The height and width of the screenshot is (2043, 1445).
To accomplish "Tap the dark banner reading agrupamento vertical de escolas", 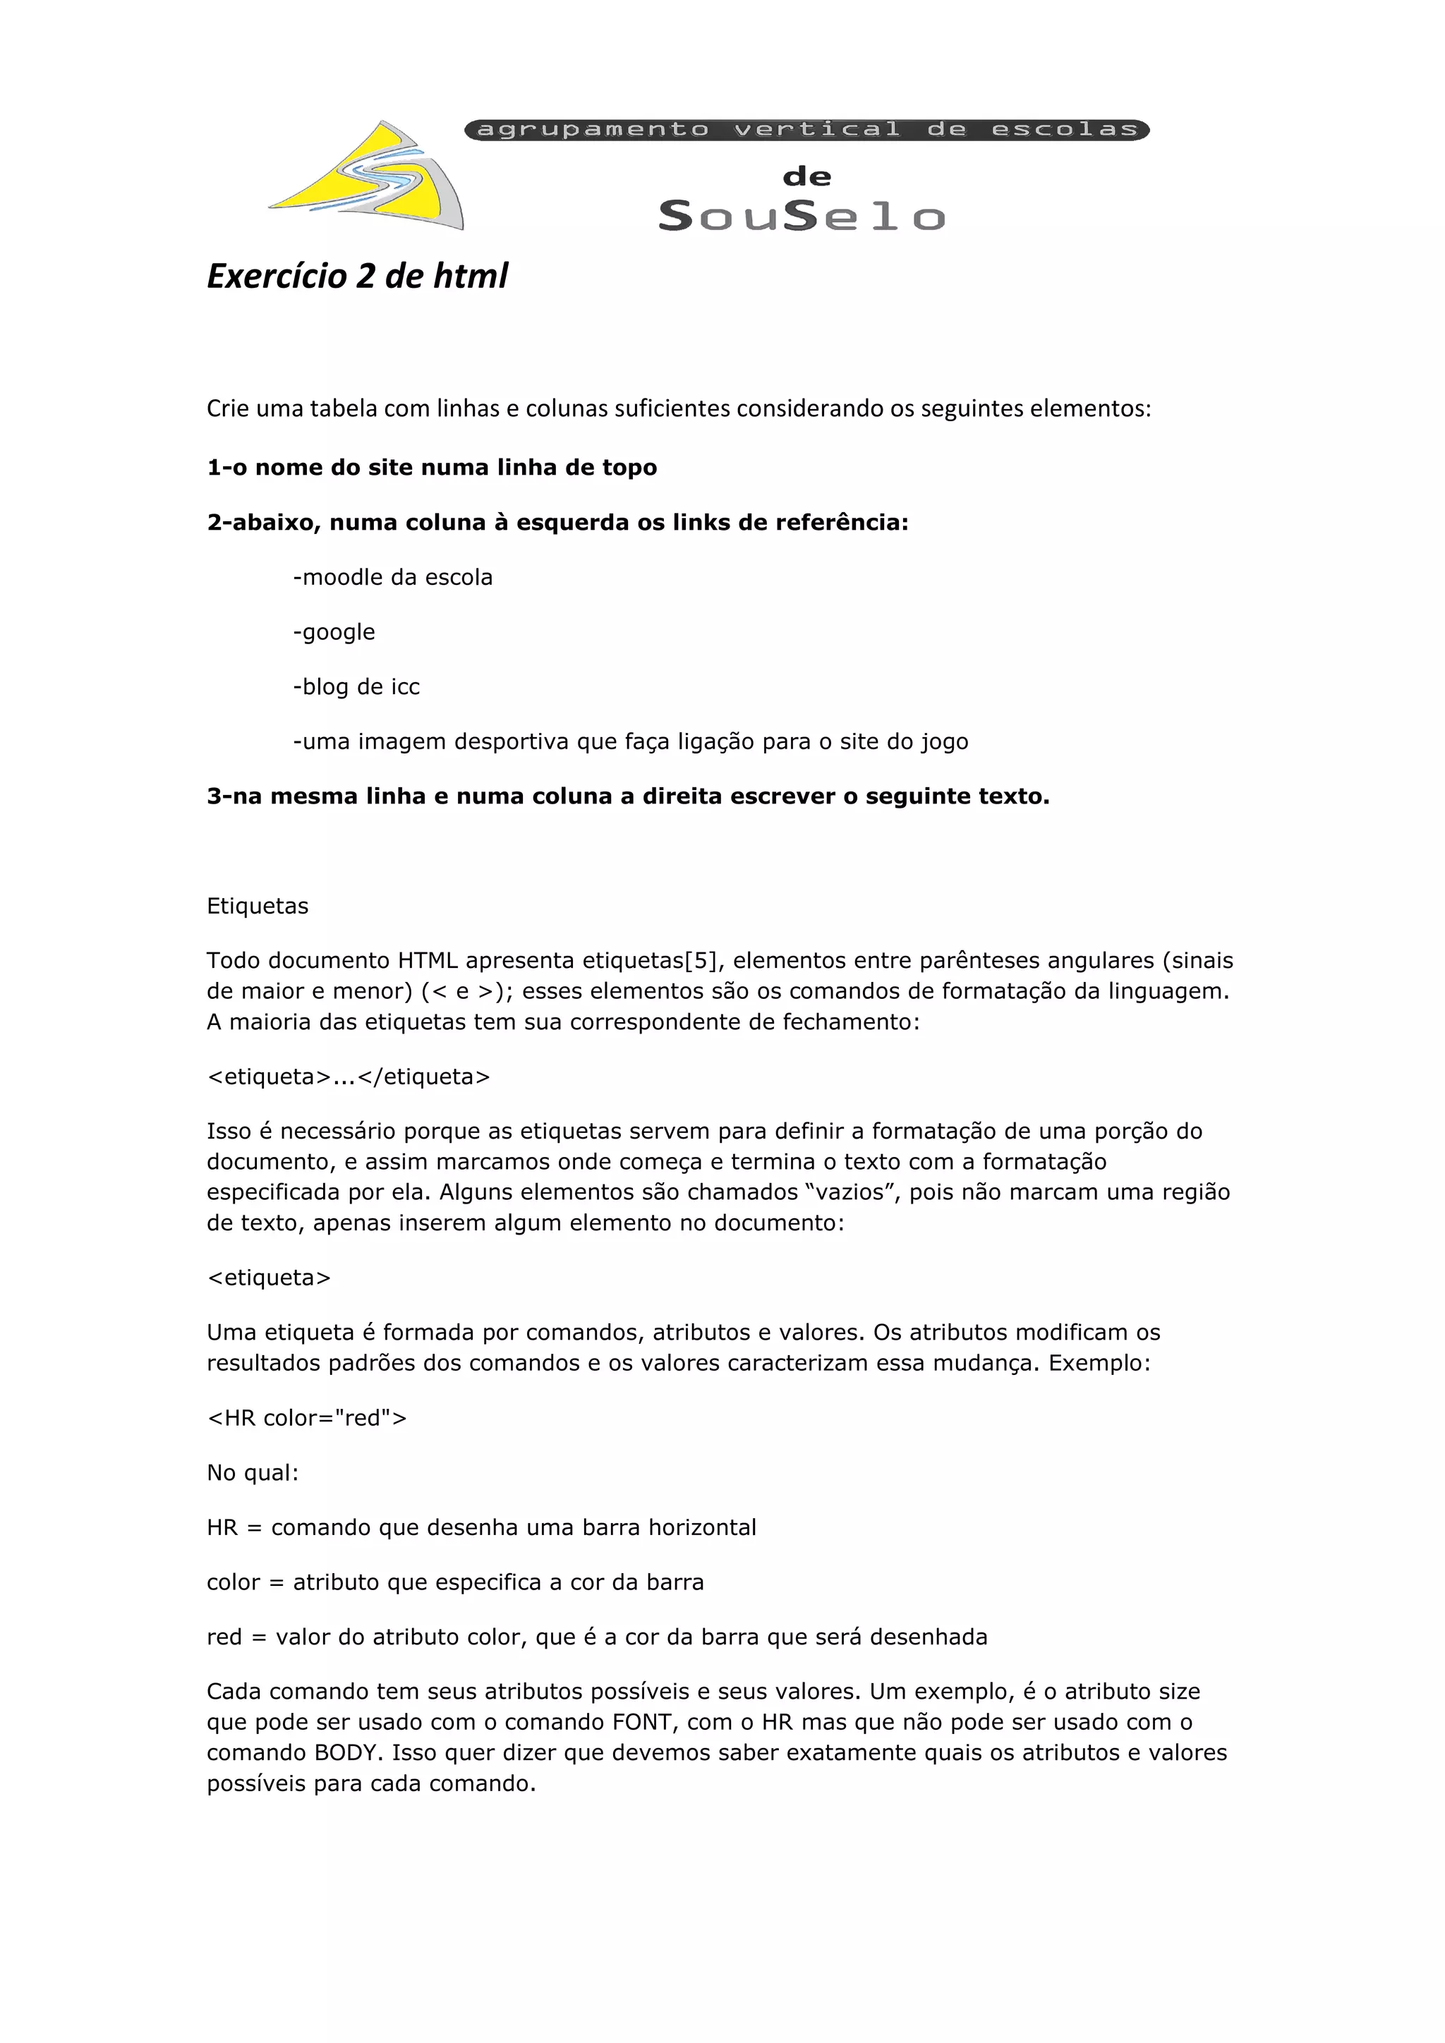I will (806, 130).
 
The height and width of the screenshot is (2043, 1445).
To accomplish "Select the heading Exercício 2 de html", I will (357, 276).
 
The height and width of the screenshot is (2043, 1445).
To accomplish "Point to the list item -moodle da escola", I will (392, 578).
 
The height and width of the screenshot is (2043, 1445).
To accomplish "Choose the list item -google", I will (334, 633).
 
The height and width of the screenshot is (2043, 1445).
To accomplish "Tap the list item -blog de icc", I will (356, 687).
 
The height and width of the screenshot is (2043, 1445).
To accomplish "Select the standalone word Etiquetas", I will (257, 906).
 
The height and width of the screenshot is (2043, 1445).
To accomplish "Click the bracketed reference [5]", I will (699, 961).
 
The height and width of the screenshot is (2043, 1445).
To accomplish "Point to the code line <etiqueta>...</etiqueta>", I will (348, 1077).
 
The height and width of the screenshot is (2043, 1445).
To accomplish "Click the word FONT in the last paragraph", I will (641, 1723).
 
